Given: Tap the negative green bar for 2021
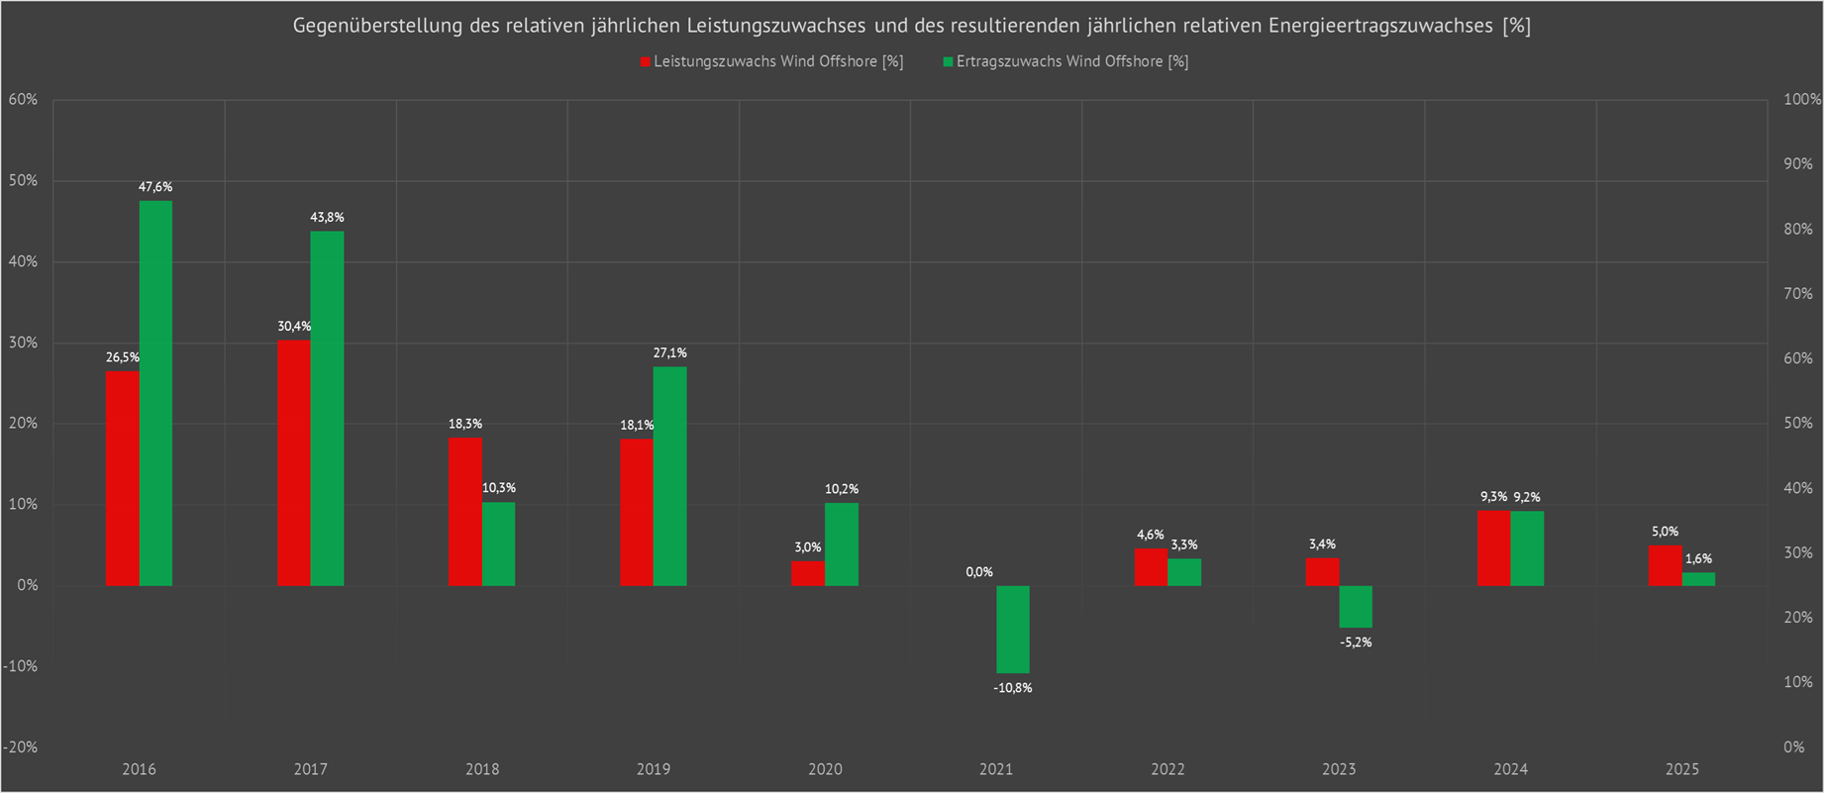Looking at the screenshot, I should click(1013, 629).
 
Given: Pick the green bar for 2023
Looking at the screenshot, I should click(1356, 606).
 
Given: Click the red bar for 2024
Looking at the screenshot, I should click(1493, 547).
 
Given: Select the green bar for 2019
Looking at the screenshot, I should click(669, 476).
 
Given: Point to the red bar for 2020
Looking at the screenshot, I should click(808, 573).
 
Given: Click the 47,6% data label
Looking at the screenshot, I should click(155, 187).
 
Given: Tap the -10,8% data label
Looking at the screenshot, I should click(1013, 688).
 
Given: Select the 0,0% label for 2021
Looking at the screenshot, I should click(979, 572).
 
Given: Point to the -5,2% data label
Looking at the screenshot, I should click(1356, 643).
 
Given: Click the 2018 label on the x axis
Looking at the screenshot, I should click(482, 769).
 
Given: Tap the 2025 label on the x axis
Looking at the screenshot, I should click(1681, 769).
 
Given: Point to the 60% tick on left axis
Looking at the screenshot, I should click(22, 100).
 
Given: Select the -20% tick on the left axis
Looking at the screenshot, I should click(20, 747).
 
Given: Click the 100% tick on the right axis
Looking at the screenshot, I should click(1801, 100).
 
